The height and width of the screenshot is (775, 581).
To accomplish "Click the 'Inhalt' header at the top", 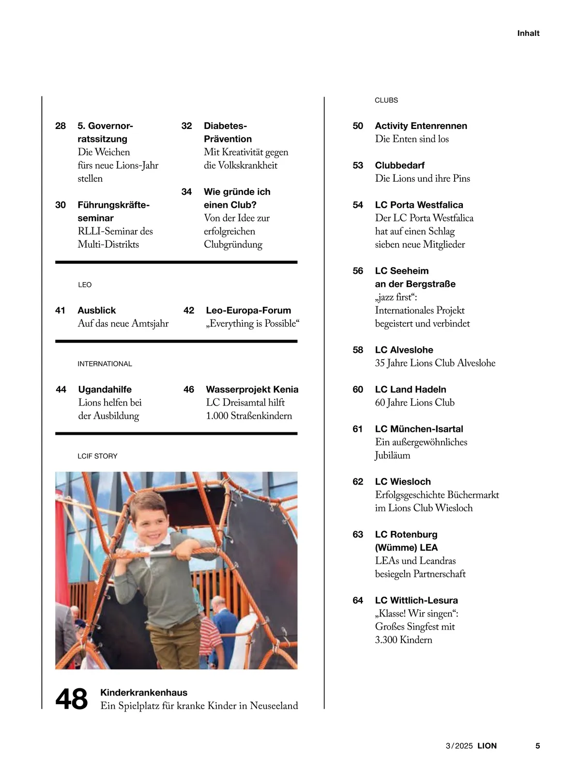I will pos(528,33).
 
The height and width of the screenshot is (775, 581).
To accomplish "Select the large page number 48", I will pos(72,699).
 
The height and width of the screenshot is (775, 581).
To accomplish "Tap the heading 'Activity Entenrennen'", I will pos(421,126).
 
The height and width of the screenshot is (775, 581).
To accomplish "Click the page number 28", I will pos(61,126).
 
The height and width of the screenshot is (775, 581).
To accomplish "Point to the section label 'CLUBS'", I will pos(386,100).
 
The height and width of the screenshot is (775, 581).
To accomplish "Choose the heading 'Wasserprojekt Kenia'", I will pos(252,390).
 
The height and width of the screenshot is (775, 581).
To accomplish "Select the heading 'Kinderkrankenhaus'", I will pos(144,693).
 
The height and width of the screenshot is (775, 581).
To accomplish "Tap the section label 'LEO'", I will pos(85,285).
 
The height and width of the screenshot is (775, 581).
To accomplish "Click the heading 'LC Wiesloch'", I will pos(403,482).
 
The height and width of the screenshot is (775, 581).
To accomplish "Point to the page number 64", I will pos(358,601).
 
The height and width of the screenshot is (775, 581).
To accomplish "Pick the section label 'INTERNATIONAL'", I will pos(105,364).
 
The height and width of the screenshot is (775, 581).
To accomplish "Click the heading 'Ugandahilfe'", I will pos(105,390).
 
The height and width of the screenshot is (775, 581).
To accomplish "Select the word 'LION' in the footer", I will pos(487,746).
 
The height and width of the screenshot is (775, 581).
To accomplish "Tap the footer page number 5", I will pos(537,746).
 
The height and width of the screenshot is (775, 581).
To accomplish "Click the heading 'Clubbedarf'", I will pos(400,165).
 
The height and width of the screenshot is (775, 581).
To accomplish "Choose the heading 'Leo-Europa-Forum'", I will pos(248,311).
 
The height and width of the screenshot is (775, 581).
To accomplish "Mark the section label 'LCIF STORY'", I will pos(97,456).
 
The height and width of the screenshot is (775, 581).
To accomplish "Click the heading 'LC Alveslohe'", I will pos(404,350).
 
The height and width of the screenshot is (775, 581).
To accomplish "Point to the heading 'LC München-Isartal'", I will pos(419,429).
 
